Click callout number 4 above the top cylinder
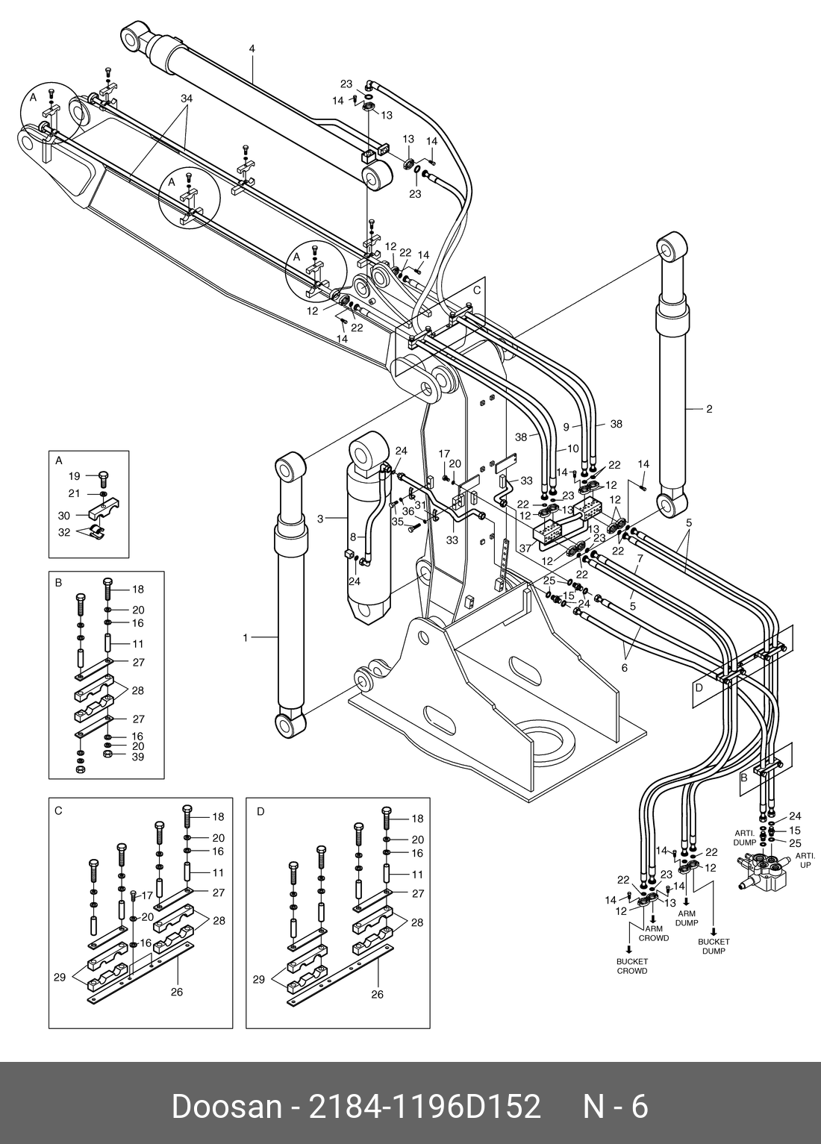pos(252,49)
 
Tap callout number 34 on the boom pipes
pos(187,99)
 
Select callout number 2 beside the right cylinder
pos(709,409)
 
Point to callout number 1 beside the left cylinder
pos(245,637)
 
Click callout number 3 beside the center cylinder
pos(320,517)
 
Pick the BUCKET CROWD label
pos(632,966)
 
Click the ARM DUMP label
pos(686,918)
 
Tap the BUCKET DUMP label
pos(714,946)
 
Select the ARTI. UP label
pos(804,860)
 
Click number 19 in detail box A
pos(74,476)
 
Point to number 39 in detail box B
pos(138,757)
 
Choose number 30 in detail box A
pos(64,516)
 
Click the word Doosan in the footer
pos(224,1106)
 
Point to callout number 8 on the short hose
pos(353,536)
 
